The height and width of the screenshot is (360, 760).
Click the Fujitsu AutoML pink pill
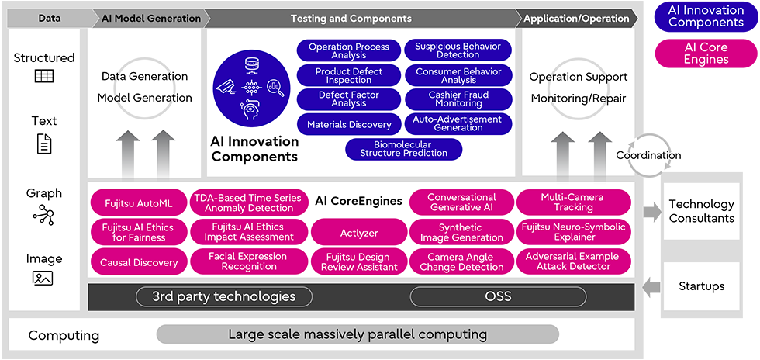click(139, 203)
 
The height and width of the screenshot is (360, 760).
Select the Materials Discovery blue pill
click(349, 125)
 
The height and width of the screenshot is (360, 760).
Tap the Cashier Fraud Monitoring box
click(458, 99)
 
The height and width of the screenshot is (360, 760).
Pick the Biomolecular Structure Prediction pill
click(404, 149)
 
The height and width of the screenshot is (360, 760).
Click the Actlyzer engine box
click(359, 233)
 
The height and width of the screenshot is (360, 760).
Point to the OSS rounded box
click(498, 296)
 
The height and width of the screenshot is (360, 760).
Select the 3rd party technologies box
click(224, 296)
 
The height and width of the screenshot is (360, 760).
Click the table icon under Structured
click(44, 76)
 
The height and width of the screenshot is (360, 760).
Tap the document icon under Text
click(44, 144)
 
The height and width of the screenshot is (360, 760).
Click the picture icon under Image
click(43, 278)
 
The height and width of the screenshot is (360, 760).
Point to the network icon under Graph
click(43, 214)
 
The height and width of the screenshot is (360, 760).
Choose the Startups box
click(701, 286)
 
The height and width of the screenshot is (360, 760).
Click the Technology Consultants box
click(701, 211)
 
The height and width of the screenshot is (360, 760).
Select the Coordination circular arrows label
click(648, 155)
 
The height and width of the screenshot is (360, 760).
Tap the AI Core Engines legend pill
click(706, 54)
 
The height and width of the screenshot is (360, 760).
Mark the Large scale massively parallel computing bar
click(358, 334)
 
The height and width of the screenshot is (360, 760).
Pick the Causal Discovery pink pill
click(139, 262)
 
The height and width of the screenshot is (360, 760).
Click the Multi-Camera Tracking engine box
click(573, 202)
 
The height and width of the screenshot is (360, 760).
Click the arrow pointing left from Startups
click(651, 288)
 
